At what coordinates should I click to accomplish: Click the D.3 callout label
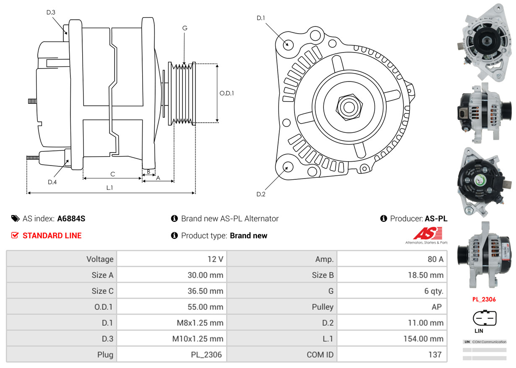point(51,13)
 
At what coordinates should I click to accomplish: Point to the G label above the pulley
point(185,28)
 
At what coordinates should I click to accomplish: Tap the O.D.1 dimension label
point(227,93)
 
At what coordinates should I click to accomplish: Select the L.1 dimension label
point(109,188)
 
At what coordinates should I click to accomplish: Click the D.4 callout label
point(52,182)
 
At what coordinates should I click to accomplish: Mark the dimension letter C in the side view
point(112,174)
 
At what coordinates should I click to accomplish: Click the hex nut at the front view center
point(347,107)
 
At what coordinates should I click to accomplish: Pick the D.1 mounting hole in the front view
point(288,44)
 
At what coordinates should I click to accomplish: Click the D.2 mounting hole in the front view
point(288,167)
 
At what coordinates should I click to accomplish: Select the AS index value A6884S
point(71,218)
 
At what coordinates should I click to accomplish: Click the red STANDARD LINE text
point(52,236)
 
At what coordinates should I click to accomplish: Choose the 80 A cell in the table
point(392,259)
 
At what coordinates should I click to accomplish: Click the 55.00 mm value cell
point(172,307)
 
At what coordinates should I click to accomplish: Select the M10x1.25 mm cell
point(172,339)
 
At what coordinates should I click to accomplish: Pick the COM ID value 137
point(392,355)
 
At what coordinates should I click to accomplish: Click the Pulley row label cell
point(281,307)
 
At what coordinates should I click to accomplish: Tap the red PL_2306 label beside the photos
point(484,300)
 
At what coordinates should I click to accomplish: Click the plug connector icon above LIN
point(484,318)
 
